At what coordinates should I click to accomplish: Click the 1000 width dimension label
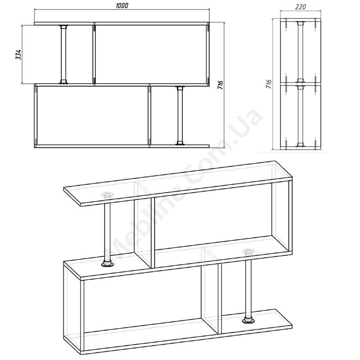click(x=122, y=5)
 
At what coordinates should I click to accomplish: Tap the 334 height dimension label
click(x=18, y=54)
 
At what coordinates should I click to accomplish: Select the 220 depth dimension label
click(x=300, y=7)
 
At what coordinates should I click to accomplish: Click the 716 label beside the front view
click(x=220, y=85)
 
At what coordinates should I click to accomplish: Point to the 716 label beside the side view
click(x=268, y=84)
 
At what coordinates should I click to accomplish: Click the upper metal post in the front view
click(x=63, y=54)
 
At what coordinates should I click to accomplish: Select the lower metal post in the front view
click(x=180, y=116)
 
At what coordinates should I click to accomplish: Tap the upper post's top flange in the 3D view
click(x=107, y=195)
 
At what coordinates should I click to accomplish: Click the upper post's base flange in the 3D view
click(x=107, y=263)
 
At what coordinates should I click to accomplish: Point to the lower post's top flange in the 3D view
click(x=248, y=252)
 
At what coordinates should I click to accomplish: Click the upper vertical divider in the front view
click(x=94, y=54)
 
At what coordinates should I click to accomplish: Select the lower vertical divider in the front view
click(x=150, y=116)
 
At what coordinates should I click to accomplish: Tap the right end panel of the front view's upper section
click(x=208, y=54)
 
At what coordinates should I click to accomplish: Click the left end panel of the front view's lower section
click(x=36, y=116)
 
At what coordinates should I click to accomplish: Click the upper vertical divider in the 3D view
click(x=153, y=233)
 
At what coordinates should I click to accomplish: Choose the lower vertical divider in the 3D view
click(x=220, y=298)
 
